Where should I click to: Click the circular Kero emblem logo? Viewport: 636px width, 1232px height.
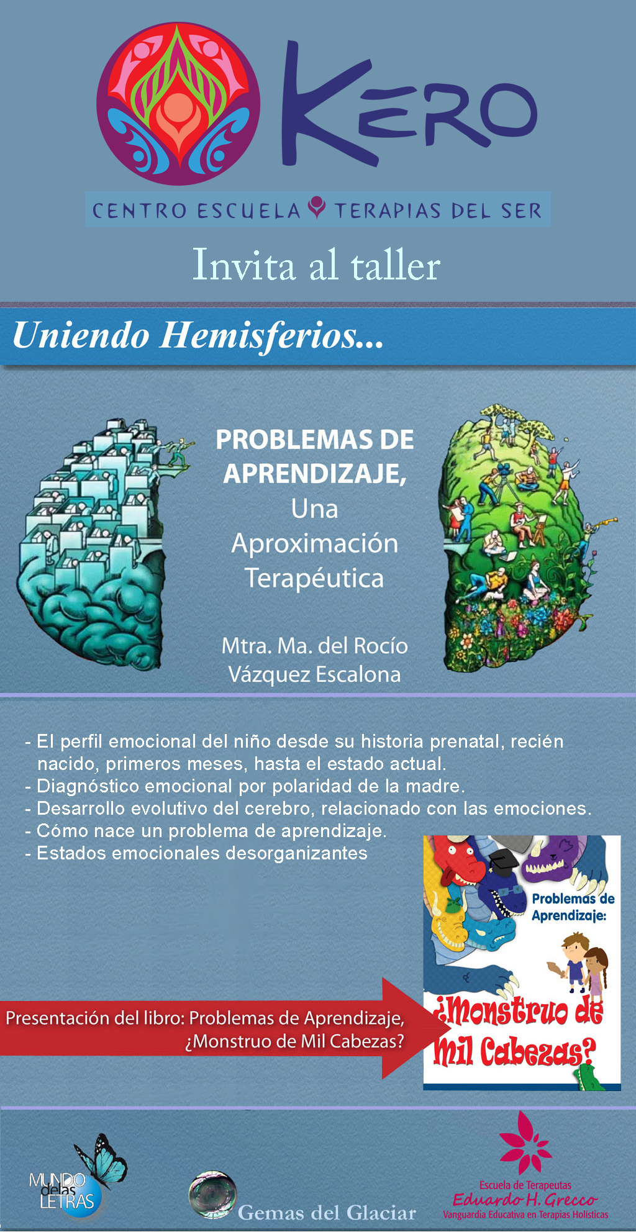178,104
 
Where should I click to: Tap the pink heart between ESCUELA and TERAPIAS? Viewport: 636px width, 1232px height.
317,207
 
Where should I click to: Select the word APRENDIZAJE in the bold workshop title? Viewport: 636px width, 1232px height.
314,474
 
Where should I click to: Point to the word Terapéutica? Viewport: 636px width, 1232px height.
314,579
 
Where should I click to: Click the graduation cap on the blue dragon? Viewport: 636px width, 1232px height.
500,860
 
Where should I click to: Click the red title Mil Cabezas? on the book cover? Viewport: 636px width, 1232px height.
514,1051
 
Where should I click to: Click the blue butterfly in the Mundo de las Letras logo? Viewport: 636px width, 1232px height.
102,1159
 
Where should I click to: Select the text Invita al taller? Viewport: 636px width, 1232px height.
316,266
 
